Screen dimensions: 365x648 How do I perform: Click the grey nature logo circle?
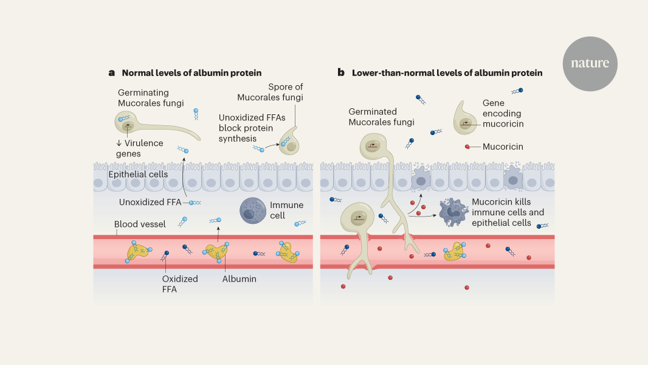pyautogui.click(x=590, y=64)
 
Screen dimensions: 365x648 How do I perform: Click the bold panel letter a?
pyautogui.click(x=111, y=72)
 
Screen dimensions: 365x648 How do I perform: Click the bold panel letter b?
pyautogui.click(x=341, y=72)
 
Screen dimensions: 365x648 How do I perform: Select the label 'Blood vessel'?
pyautogui.click(x=140, y=224)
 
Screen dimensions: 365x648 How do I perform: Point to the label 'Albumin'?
pyautogui.click(x=240, y=279)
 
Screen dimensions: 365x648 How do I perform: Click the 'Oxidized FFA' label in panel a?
pyautogui.click(x=180, y=284)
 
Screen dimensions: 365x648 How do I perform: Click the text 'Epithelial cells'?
pyautogui.click(x=137, y=175)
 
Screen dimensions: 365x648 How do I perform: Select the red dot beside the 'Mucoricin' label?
pyautogui.click(x=467, y=147)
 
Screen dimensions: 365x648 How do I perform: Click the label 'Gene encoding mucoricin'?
pyautogui.click(x=502, y=114)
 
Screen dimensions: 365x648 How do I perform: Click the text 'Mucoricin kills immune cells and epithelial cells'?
pyautogui.click(x=508, y=212)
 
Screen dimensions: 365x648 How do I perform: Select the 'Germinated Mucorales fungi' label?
pyautogui.click(x=381, y=117)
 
